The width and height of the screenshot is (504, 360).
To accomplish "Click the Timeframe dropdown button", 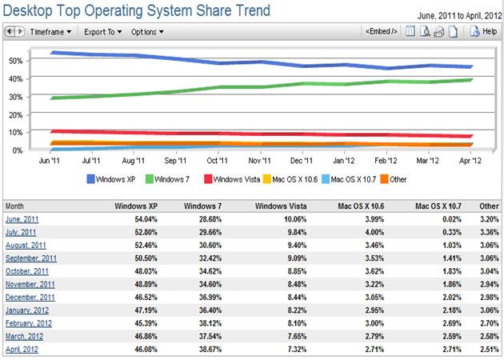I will point(50,32).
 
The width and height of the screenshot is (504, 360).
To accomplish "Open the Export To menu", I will point(103,32).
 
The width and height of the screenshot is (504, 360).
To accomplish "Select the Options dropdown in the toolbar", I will point(147,32).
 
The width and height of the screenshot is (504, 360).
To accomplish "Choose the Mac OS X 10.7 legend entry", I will point(357,179).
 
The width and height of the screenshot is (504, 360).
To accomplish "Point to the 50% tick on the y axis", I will point(14,61).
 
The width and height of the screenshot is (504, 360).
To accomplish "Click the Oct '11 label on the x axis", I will point(217,161).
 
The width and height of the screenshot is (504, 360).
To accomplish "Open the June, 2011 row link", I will point(22,218).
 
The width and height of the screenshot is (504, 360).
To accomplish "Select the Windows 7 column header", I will point(202,206).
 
